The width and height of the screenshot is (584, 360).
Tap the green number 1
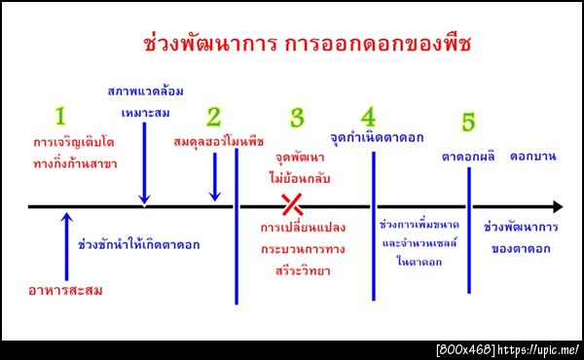pyautogui.click(x=59, y=117)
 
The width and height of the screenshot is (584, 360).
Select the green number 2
pyautogui.click(x=214, y=117)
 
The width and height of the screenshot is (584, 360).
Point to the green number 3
pyautogui.click(x=297, y=118)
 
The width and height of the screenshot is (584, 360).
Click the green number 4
pyautogui.click(x=368, y=117)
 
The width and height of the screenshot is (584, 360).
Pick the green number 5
pyautogui.click(x=468, y=123)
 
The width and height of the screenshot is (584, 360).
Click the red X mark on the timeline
pyautogui.click(x=291, y=204)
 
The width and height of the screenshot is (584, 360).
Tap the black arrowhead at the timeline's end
pyautogui.click(x=556, y=206)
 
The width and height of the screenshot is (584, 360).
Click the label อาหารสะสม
pyautogui.click(x=65, y=290)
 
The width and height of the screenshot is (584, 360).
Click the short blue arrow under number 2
pyautogui.click(x=215, y=177)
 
